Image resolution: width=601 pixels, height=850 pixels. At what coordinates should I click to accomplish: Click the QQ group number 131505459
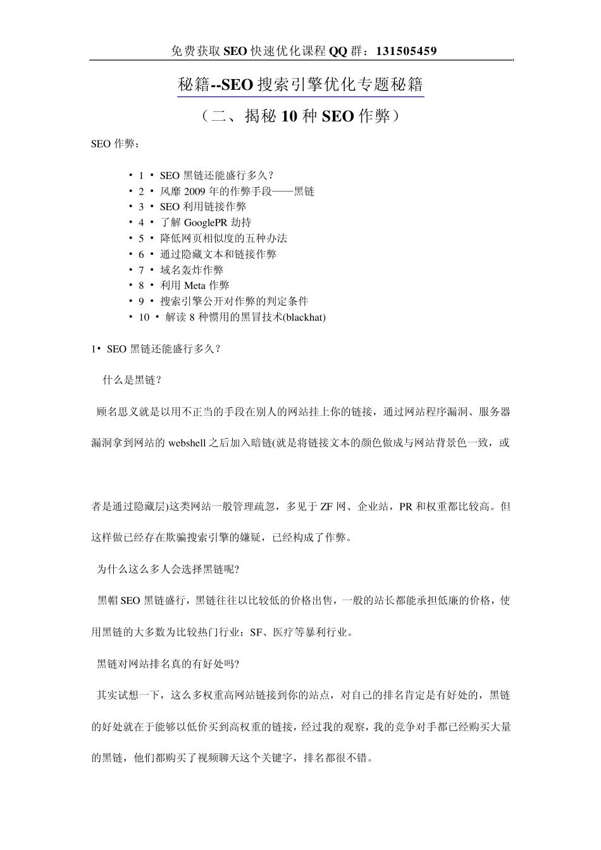(x=406, y=51)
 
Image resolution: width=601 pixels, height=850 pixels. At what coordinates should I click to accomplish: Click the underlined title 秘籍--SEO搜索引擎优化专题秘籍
(x=300, y=85)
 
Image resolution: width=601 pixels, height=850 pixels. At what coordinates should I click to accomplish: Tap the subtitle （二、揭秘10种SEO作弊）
(x=300, y=116)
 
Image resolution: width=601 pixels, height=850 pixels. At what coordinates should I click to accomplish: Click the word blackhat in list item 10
(x=304, y=317)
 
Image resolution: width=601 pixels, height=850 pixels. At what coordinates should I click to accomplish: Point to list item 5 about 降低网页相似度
(x=223, y=238)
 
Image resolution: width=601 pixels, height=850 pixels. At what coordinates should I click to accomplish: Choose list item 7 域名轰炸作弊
(x=191, y=270)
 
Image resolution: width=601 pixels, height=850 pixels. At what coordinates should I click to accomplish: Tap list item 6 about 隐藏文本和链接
(x=218, y=254)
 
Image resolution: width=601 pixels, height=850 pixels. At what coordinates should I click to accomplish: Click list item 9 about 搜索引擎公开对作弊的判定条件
(x=233, y=302)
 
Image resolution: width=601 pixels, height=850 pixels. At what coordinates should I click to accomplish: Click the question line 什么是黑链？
(x=133, y=380)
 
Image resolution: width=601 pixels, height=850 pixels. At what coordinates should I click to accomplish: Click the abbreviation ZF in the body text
(x=326, y=507)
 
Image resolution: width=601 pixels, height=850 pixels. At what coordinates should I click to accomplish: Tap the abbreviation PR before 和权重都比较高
(x=406, y=507)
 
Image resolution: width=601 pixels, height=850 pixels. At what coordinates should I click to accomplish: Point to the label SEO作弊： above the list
(x=115, y=144)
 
